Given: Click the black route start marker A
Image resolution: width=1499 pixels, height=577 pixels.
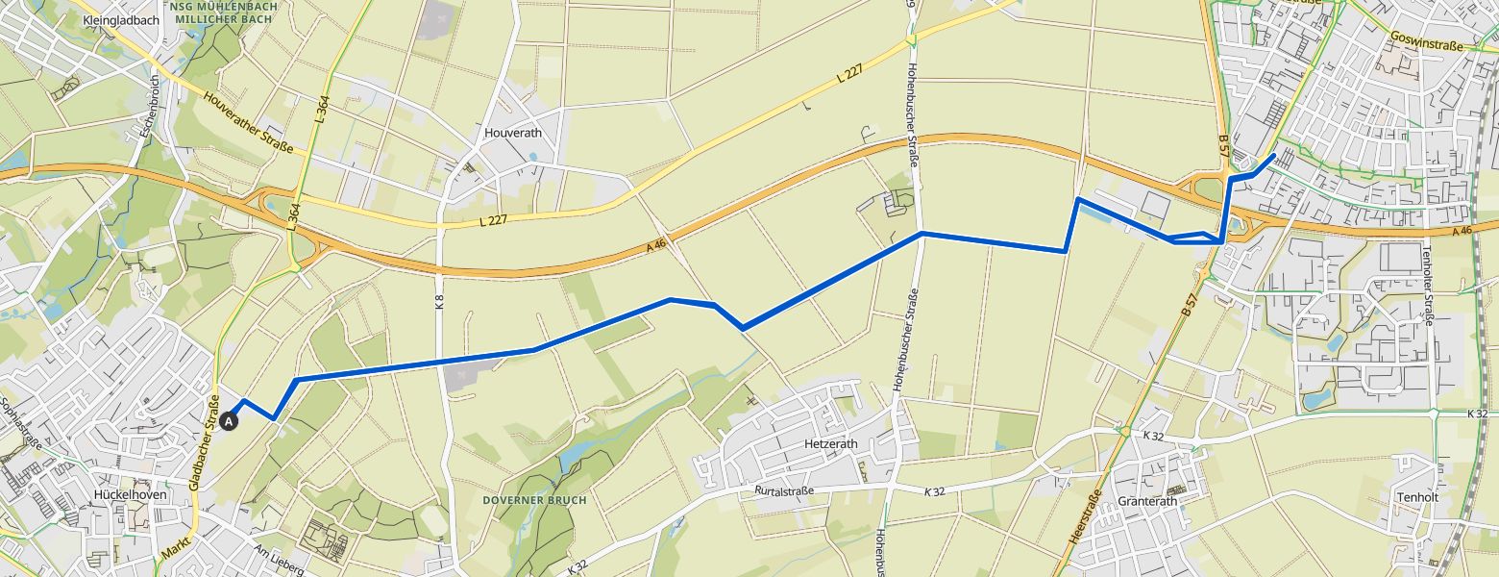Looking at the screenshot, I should pyautogui.click(x=230, y=420).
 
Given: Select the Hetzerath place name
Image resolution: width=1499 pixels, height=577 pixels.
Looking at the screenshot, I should pyautogui.click(x=830, y=444).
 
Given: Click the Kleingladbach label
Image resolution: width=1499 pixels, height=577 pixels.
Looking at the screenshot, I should pyautogui.click(x=120, y=19).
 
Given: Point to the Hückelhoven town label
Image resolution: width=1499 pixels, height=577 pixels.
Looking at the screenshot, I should pyautogui.click(x=131, y=494).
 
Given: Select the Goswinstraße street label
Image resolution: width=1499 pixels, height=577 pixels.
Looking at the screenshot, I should pyautogui.click(x=1425, y=43).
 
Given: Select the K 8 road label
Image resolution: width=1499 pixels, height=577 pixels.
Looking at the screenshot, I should pyautogui.click(x=440, y=300).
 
